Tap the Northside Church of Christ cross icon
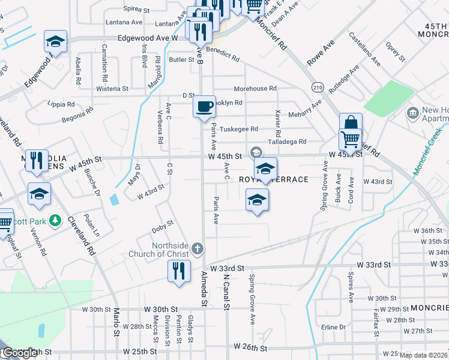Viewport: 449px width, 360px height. tap(197, 247)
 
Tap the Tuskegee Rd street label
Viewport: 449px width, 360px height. tap(239, 129)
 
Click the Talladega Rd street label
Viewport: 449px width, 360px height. tap(288, 142)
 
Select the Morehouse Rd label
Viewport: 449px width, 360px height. tap(255, 89)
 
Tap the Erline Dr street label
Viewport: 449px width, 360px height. tap(334, 327)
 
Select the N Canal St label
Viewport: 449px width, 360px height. tap(227, 292)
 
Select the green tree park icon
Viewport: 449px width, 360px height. tap(55, 221)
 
